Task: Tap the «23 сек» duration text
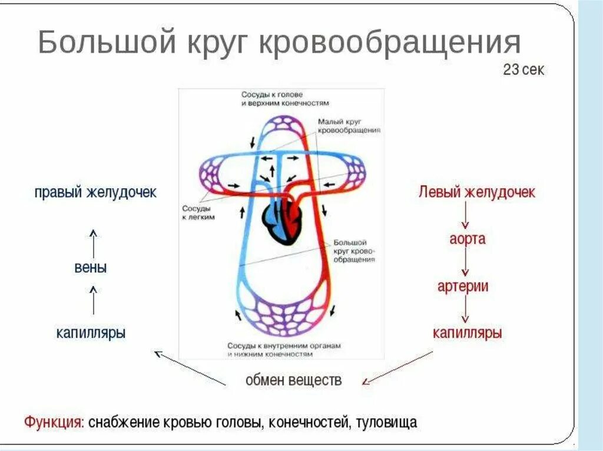pos(524,70)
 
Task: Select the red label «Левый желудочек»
pos(477,192)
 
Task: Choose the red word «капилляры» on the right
pos(467,333)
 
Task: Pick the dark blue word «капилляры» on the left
pos(91,333)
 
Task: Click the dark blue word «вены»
pos(91,268)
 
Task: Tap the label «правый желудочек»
pos(95,192)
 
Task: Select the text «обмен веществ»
pos(293,379)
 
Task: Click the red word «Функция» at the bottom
pos(52,422)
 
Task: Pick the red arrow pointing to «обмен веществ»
pos(397,368)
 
